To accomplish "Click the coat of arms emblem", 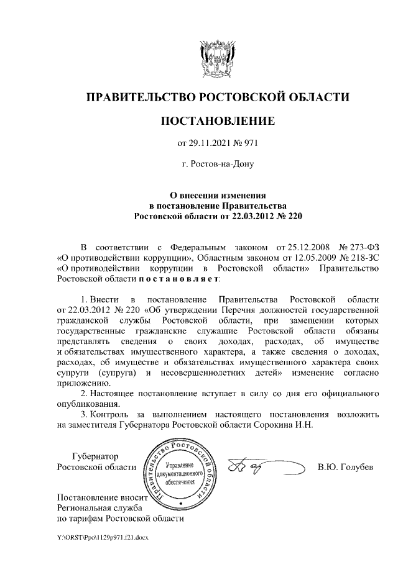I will pyautogui.click(x=217, y=57).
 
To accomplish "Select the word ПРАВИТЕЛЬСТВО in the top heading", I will pyautogui.click(x=139, y=97).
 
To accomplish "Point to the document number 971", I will pyautogui.click(x=249, y=143).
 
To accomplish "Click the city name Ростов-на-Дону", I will pyautogui.click(x=218, y=165).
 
